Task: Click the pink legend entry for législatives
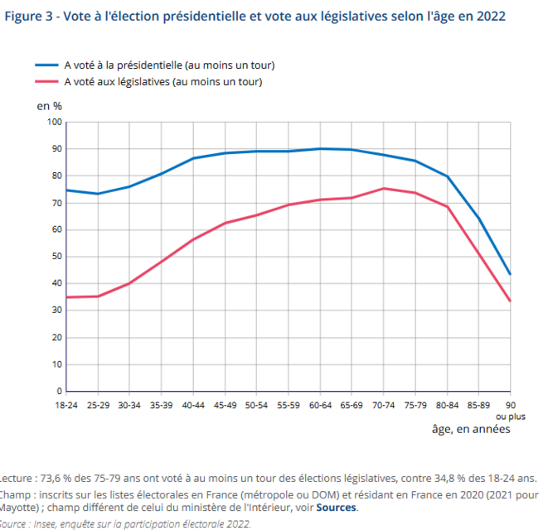point(162,81)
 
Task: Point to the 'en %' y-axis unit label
point(49,106)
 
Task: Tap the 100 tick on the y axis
point(55,122)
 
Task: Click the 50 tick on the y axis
point(57,256)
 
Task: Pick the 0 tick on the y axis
point(60,391)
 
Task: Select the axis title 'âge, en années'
point(471,429)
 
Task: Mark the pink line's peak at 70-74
point(384,188)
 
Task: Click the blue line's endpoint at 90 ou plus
point(510,274)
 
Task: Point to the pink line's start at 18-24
point(67,297)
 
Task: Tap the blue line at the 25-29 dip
point(98,194)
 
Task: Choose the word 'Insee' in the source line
point(47,524)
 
